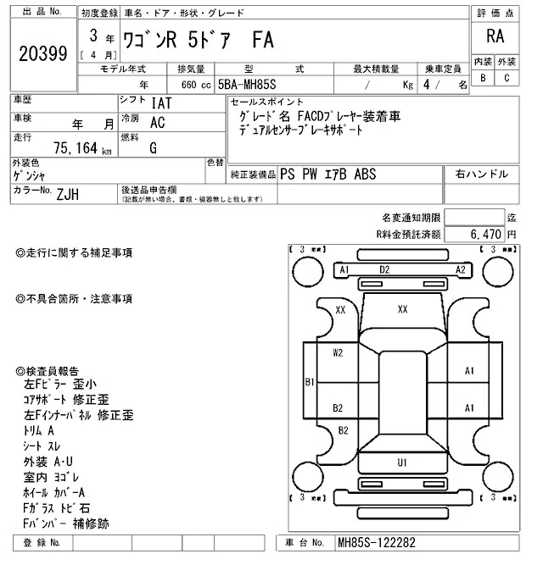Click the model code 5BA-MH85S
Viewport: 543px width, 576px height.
point(251,86)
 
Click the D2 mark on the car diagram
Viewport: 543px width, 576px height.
point(384,269)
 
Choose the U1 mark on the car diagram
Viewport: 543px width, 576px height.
point(402,462)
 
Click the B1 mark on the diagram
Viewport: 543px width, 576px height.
point(310,383)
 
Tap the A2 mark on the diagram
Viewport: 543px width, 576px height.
point(461,269)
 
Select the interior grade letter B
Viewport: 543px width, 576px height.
point(483,78)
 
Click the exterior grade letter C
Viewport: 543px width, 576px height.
point(507,78)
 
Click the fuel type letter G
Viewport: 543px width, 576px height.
point(154,147)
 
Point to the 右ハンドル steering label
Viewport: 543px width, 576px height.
point(481,174)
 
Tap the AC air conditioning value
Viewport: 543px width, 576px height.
point(157,122)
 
